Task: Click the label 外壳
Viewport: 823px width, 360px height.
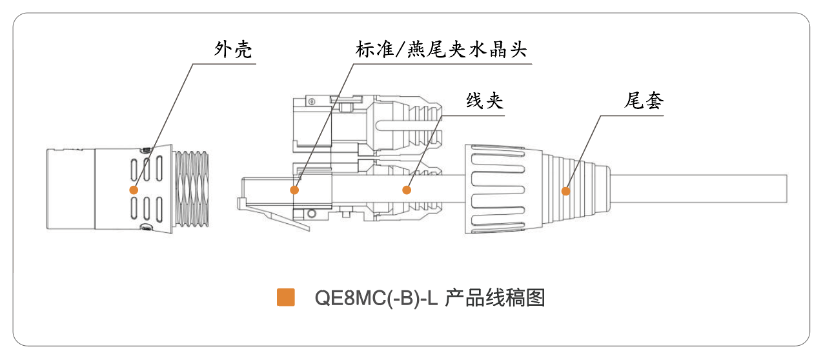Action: click(233, 49)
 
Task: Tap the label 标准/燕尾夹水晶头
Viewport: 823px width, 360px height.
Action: click(442, 49)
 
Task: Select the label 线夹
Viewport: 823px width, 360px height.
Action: click(485, 100)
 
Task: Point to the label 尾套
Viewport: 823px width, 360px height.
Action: click(644, 100)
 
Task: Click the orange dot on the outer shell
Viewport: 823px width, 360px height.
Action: click(134, 190)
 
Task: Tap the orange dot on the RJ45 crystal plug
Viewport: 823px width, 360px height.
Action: click(294, 190)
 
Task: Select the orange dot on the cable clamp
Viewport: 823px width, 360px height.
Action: click(407, 190)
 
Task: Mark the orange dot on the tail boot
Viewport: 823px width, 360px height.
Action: click(566, 191)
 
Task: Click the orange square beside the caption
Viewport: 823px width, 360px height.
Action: click(286, 297)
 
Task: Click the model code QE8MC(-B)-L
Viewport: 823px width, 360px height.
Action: click(376, 298)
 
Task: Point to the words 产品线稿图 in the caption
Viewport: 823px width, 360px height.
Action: click(495, 297)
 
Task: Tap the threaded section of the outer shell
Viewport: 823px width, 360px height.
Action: click(191, 188)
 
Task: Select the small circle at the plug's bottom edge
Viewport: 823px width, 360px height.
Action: click(312, 214)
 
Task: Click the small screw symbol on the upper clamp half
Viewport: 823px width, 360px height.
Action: click(312, 101)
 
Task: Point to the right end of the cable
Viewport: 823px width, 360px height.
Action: click(787, 189)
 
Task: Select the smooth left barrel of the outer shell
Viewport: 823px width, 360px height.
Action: click(71, 189)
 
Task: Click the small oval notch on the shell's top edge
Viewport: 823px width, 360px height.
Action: click(147, 150)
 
